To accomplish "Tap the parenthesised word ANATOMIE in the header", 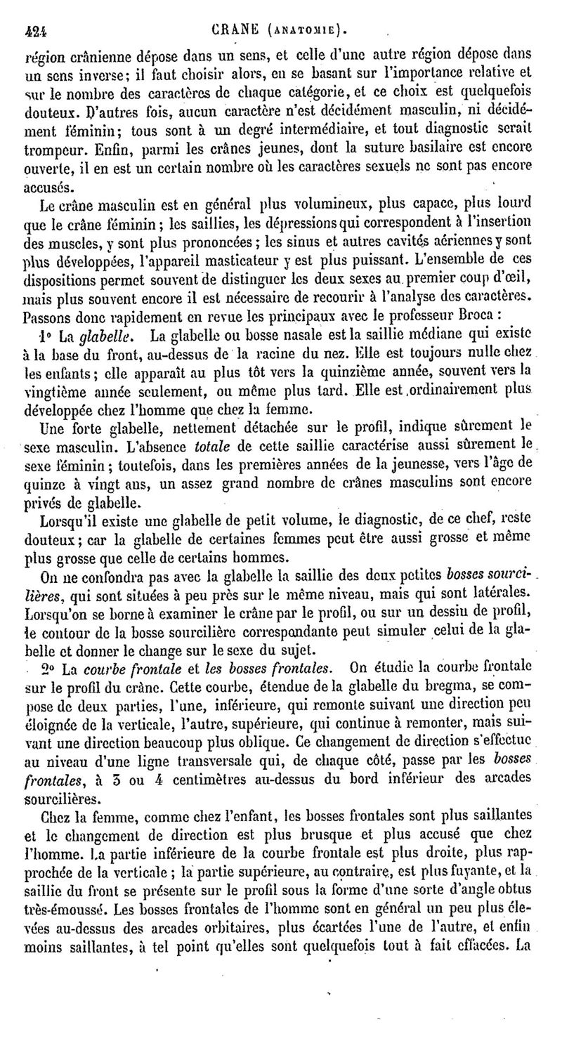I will (304, 29).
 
